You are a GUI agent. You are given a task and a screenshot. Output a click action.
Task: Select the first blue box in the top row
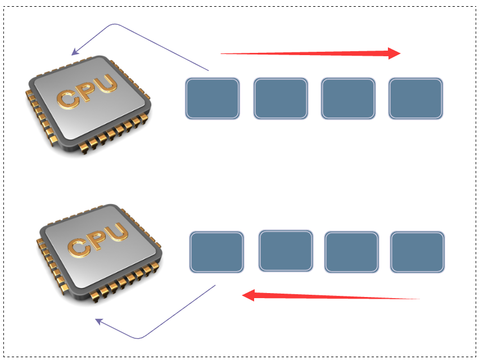pyautogui.click(x=213, y=98)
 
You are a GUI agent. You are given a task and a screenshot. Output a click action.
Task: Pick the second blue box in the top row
pyautogui.click(x=281, y=98)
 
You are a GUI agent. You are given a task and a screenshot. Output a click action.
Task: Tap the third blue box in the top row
pyautogui.click(x=348, y=98)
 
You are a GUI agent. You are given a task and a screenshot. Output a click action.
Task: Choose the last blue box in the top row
pyautogui.click(x=415, y=98)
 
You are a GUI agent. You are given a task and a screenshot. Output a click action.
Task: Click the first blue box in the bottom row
pyautogui.click(x=216, y=252)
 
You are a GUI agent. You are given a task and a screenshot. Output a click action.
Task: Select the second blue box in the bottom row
pyautogui.click(x=286, y=250)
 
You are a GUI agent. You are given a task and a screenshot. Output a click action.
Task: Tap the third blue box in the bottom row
pyautogui.click(x=352, y=251)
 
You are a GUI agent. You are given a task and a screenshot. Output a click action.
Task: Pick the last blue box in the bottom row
pyautogui.click(x=417, y=251)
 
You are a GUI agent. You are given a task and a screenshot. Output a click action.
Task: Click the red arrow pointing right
pyautogui.click(x=309, y=53)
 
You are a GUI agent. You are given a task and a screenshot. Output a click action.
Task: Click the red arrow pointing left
pyautogui.click(x=332, y=296)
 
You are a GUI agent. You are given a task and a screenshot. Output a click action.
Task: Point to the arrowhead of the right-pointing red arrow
pyautogui.click(x=394, y=53)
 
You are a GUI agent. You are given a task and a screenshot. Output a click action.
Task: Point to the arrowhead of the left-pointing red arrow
pyautogui.click(x=248, y=295)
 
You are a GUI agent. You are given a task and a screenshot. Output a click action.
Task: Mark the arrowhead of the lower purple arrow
pyautogui.click(x=98, y=321)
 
